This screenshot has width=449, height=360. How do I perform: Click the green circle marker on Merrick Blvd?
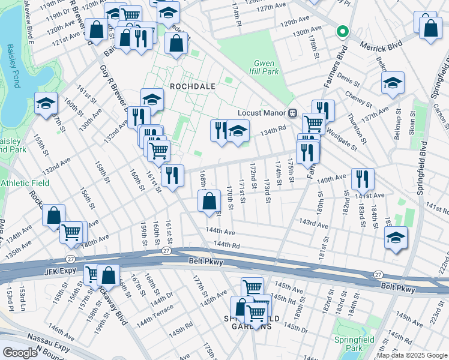[x=342, y=32]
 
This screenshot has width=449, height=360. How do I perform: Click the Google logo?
[x=20, y=353]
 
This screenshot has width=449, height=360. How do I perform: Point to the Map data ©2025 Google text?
[x=411, y=355]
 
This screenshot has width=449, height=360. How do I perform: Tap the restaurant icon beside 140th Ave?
[x=363, y=178]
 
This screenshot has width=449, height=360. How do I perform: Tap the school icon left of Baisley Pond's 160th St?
[x=46, y=104]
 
